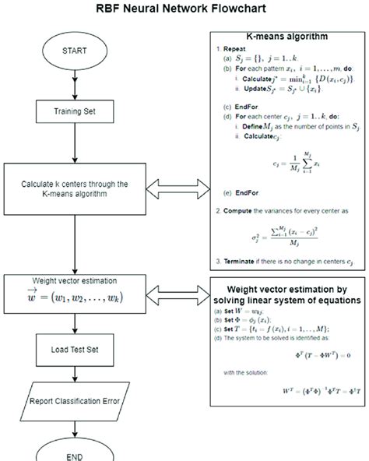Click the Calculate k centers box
pyautogui.click(x=75, y=189)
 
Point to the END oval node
pyautogui.click(x=75, y=452)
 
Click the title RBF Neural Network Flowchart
pyautogui.click(x=184, y=10)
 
